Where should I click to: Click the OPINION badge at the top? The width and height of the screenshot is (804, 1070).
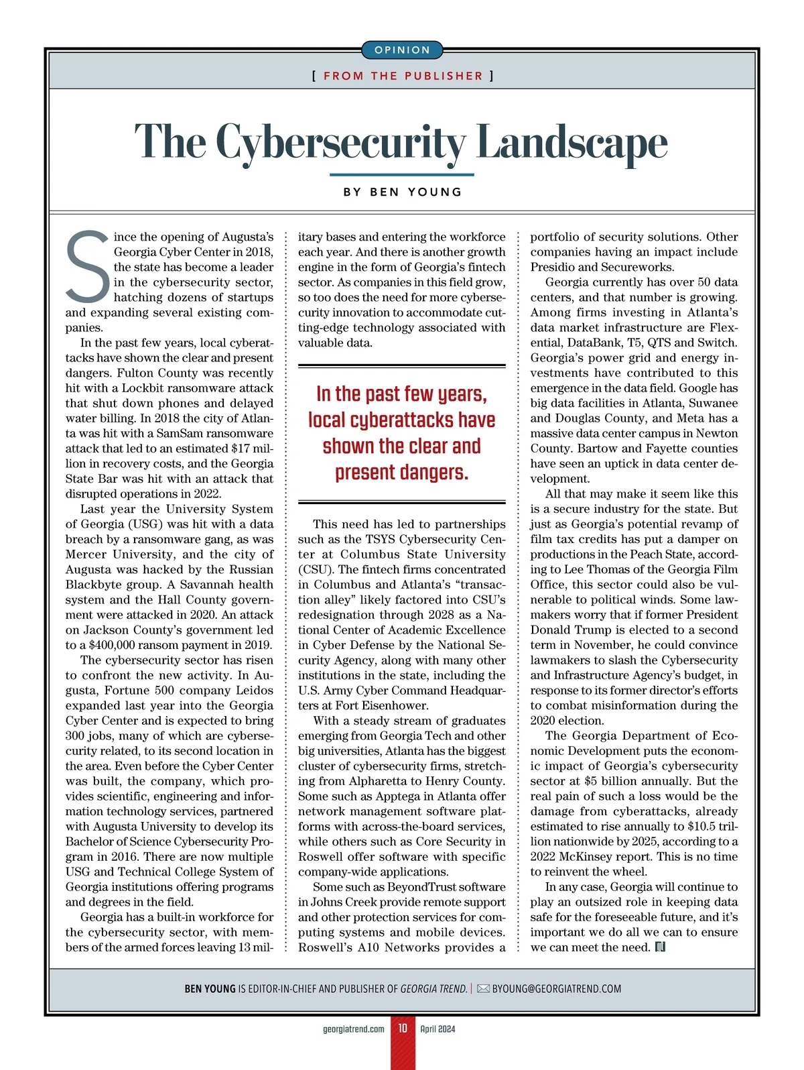click(x=402, y=50)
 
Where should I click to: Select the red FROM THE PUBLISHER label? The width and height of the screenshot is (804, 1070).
click(x=403, y=76)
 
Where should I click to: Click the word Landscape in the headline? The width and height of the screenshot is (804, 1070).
click(x=572, y=142)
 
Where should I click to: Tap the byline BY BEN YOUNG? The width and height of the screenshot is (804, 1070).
click(x=403, y=192)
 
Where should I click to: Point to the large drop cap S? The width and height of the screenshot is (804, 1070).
click(x=87, y=267)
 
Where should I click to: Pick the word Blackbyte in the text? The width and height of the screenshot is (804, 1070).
click(x=95, y=585)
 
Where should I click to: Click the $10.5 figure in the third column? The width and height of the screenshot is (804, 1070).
click(x=704, y=826)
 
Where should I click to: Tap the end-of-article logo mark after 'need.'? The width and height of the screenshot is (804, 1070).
click(x=659, y=947)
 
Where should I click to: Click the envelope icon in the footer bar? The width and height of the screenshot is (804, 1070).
click(x=483, y=989)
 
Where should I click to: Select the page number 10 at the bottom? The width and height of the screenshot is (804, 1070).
click(x=403, y=1028)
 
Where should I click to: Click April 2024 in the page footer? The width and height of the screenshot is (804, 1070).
click(x=438, y=1028)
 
